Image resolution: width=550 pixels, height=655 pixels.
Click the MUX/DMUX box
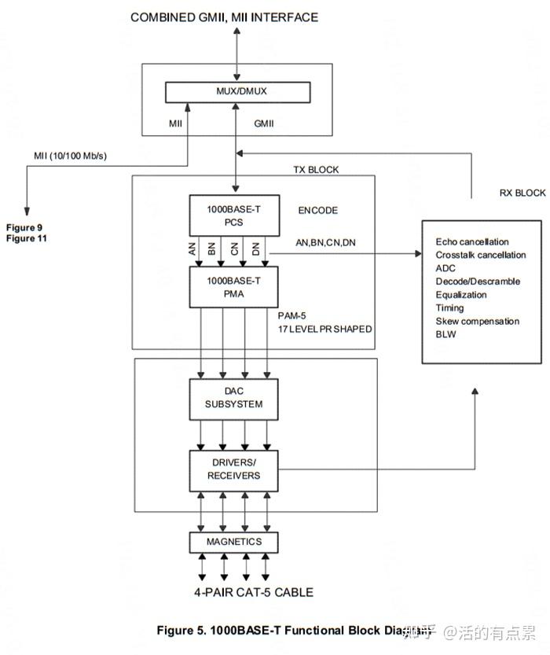pos(236,91)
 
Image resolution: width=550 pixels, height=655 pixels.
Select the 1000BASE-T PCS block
pos(233,215)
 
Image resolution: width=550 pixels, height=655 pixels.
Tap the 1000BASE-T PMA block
pos(233,286)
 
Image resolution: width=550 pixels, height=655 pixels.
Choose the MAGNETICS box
pos(233,543)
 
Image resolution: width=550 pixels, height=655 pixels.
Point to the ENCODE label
pos(317,211)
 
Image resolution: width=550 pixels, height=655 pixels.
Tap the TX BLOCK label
pos(316,170)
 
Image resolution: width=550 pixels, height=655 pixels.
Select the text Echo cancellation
pos(472,242)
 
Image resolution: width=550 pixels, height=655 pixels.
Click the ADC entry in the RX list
pos(445,268)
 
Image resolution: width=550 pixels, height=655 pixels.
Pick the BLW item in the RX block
pos(446,334)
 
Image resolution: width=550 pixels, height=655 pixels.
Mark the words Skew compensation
pos(477,321)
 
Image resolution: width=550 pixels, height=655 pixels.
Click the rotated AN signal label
pos(192,249)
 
